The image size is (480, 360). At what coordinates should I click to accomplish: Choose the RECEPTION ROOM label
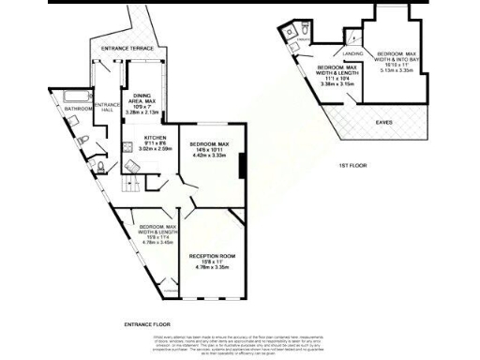tap(212, 255)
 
